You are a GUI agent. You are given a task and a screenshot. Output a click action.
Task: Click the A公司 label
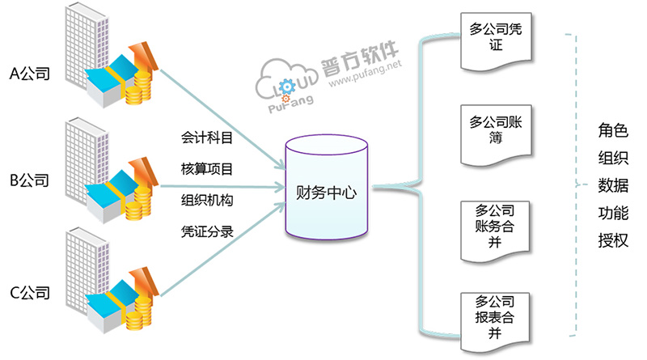[30, 74]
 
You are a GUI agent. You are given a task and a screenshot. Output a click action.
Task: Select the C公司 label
[30, 292]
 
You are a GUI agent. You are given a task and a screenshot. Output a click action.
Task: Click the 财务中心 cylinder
[327, 193]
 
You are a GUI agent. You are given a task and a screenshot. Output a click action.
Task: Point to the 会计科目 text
[207, 138]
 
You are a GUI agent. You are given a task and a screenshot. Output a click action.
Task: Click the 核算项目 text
[207, 169]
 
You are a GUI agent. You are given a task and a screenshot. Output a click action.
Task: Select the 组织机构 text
[207, 200]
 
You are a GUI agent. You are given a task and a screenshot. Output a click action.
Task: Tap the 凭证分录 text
[207, 231]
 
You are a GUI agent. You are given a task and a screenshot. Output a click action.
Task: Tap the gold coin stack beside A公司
[138, 86]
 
